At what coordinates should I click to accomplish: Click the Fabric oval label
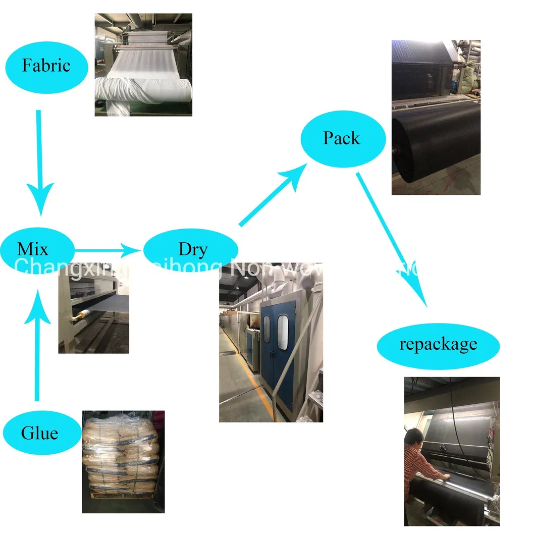pos(46,67)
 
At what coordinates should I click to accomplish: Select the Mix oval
pos(33,250)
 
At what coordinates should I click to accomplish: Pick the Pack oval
pos(343,138)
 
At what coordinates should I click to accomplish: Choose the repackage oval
pos(438,345)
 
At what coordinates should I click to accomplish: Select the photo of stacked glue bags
pos(123,461)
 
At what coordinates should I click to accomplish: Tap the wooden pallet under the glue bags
pos(121,507)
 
